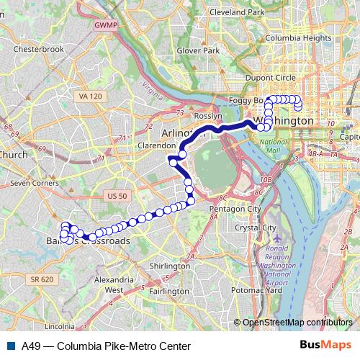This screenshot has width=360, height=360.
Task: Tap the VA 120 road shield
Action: tap(90, 96)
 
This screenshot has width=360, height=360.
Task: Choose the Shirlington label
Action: tap(169, 266)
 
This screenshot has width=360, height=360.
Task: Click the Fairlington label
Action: tap(170, 291)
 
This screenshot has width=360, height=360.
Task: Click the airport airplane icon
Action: tap(279, 238)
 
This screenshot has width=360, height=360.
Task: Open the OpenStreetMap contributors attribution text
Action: tap(297, 322)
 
